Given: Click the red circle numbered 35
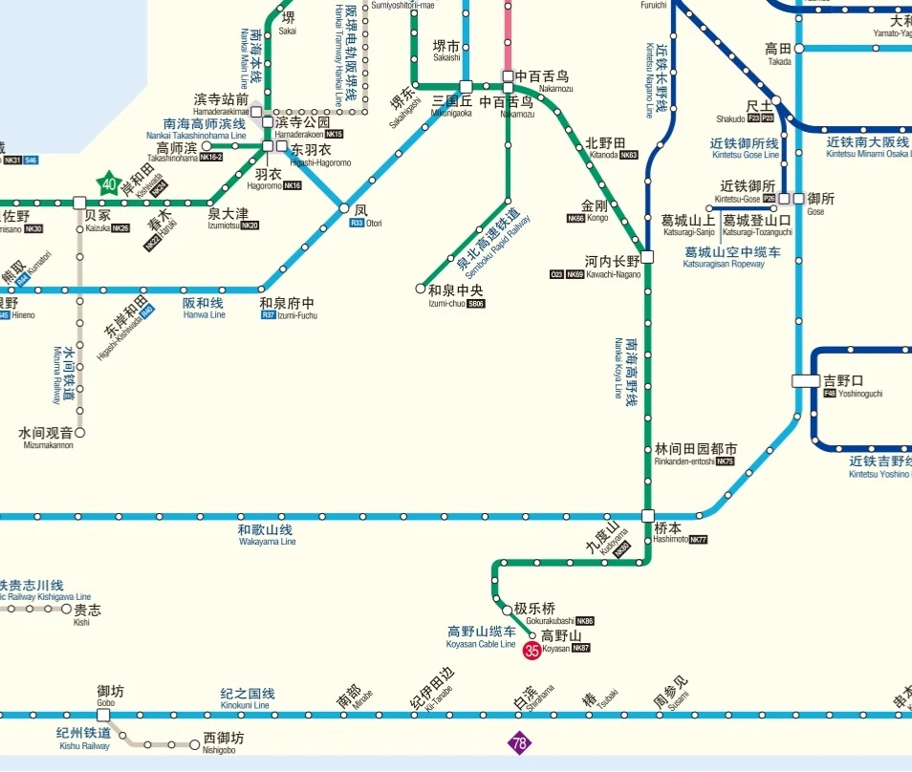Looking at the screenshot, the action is [x=532, y=651].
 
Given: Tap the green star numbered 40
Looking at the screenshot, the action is [x=109, y=184].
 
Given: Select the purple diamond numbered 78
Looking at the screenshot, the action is [x=519, y=743].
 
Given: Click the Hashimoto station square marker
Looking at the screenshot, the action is [x=647, y=516].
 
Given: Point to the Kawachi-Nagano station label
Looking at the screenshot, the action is [x=613, y=261].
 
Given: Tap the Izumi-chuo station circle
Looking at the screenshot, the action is [x=421, y=288].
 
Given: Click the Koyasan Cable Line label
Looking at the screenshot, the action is [x=481, y=637].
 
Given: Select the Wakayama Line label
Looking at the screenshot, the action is [x=266, y=535].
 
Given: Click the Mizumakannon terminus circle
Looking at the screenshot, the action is [x=80, y=433].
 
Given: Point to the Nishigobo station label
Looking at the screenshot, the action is [x=224, y=742].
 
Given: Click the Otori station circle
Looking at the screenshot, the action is [x=344, y=208].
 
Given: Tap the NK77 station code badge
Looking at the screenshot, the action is [x=698, y=540].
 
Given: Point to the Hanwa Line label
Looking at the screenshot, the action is [x=204, y=308].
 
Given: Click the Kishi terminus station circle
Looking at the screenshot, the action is [x=67, y=609].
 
